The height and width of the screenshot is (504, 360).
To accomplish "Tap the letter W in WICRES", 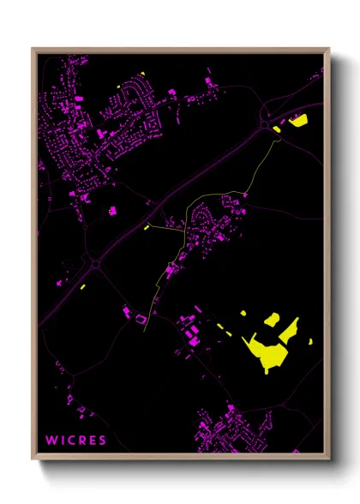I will [x=51, y=441].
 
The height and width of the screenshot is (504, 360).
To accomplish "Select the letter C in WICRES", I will [x=70, y=441].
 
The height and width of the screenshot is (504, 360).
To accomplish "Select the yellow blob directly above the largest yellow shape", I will [x=272, y=319].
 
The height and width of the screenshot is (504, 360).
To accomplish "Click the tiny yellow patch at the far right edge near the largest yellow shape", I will [x=309, y=342].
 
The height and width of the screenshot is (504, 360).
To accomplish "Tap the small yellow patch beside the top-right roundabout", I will [x=277, y=129].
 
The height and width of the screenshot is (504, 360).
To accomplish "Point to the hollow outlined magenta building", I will [x=139, y=319].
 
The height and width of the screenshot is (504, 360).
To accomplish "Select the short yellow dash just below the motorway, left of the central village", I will [x=148, y=227].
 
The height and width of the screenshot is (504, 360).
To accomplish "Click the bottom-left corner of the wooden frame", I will [x=33, y=459].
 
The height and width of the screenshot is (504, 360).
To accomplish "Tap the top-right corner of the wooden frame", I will [x=328, y=49].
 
